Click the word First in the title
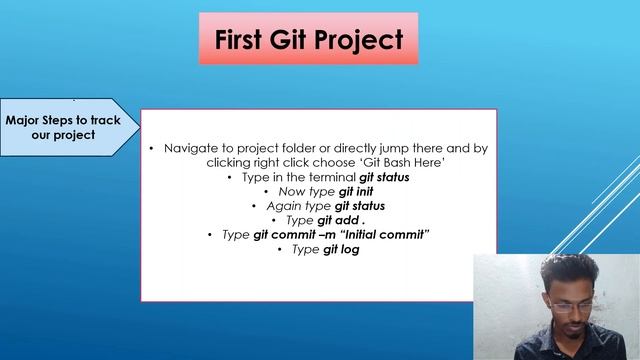click(x=244, y=40)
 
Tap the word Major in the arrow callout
click(x=27, y=119)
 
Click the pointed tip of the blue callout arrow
click(x=138, y=127)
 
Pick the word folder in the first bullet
click(x=312, y=148)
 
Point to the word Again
click(x=283, y=206)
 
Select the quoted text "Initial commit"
click(x=386, y=234)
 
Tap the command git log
click(x=340, y=249)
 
